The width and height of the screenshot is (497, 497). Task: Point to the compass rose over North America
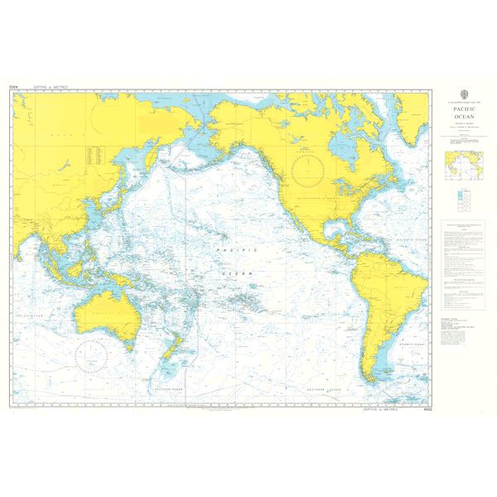(x=312, y=168)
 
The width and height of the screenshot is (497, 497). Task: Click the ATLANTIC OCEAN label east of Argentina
(x=411, y=340)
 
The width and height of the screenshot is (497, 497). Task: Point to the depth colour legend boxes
(x=459, y=199)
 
